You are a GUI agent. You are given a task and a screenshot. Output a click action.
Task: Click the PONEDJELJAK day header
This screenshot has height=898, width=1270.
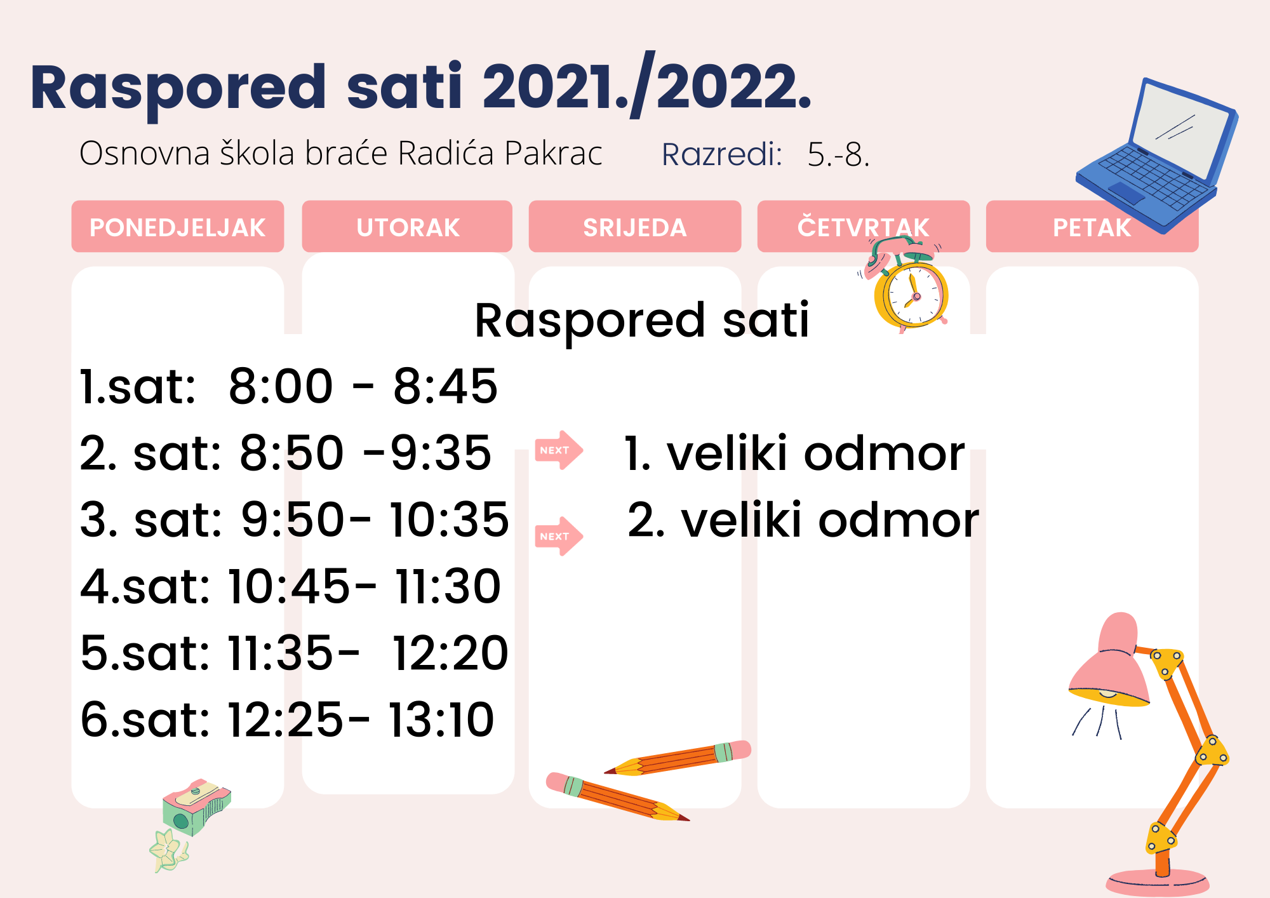[x=178, y=227]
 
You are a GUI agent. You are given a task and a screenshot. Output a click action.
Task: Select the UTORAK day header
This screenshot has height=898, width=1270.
[x=407, y=227]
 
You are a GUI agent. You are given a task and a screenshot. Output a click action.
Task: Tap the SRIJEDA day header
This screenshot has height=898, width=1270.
[x=635, y=227]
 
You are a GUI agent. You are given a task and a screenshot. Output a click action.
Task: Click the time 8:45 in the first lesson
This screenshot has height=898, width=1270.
[x=445, y=386]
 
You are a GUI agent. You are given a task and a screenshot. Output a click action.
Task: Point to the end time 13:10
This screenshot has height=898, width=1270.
[x=441, y=720]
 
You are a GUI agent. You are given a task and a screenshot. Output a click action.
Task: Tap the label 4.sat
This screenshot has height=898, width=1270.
[x=145, y=586]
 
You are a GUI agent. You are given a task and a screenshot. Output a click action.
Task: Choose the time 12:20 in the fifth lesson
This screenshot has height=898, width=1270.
[x=450, y=653]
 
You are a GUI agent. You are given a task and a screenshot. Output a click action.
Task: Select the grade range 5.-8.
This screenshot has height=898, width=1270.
[x=838, y=154]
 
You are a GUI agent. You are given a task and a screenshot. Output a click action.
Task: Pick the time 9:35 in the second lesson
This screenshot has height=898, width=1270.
[x=441, y=453]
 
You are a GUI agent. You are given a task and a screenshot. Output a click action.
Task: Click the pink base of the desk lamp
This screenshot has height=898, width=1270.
[x=1158, y=883]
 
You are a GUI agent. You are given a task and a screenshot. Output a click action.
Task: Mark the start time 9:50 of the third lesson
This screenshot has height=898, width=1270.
[x=293, y=519]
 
